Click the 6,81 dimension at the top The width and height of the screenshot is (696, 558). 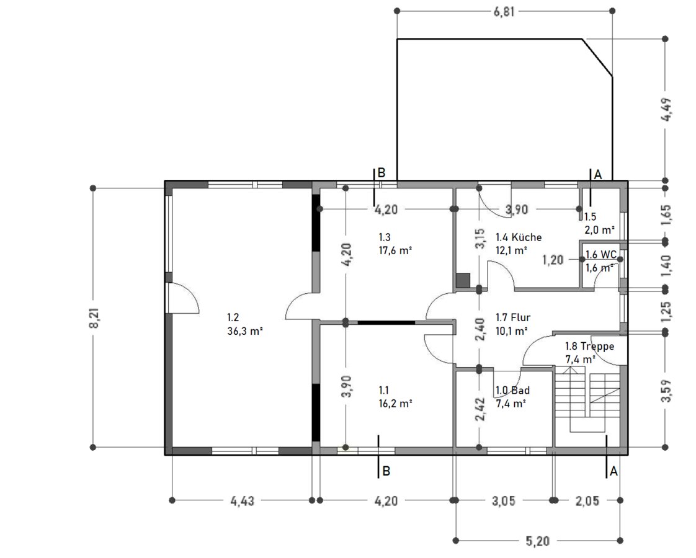point(504,11)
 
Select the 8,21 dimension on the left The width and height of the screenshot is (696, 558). point(94,317)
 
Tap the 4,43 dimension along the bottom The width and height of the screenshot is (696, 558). point(243,501)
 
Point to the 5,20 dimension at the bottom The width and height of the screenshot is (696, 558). point(538,541)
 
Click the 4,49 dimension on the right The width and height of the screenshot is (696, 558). point(666,109)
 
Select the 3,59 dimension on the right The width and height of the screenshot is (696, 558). point(666,391)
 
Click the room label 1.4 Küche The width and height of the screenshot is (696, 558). point(519,237)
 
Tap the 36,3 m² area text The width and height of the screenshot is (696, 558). point(245,331)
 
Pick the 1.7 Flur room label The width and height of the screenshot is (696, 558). point(512,317)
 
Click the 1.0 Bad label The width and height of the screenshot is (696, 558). point(512,391)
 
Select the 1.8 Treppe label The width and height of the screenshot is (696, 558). point(589,346)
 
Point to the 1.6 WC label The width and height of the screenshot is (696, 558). point(601,255)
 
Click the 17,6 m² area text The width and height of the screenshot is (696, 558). point(395,250)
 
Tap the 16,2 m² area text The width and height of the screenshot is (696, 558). point(395,404)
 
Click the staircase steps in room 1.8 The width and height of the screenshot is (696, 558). point(587,402)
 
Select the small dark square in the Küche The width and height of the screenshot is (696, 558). point(463,280)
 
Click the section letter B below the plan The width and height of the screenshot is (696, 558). point(386,471)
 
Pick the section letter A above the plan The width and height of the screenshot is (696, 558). point(597,175)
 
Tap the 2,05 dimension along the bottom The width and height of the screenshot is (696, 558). point(587,501)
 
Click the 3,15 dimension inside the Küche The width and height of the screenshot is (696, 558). point(480,239)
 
